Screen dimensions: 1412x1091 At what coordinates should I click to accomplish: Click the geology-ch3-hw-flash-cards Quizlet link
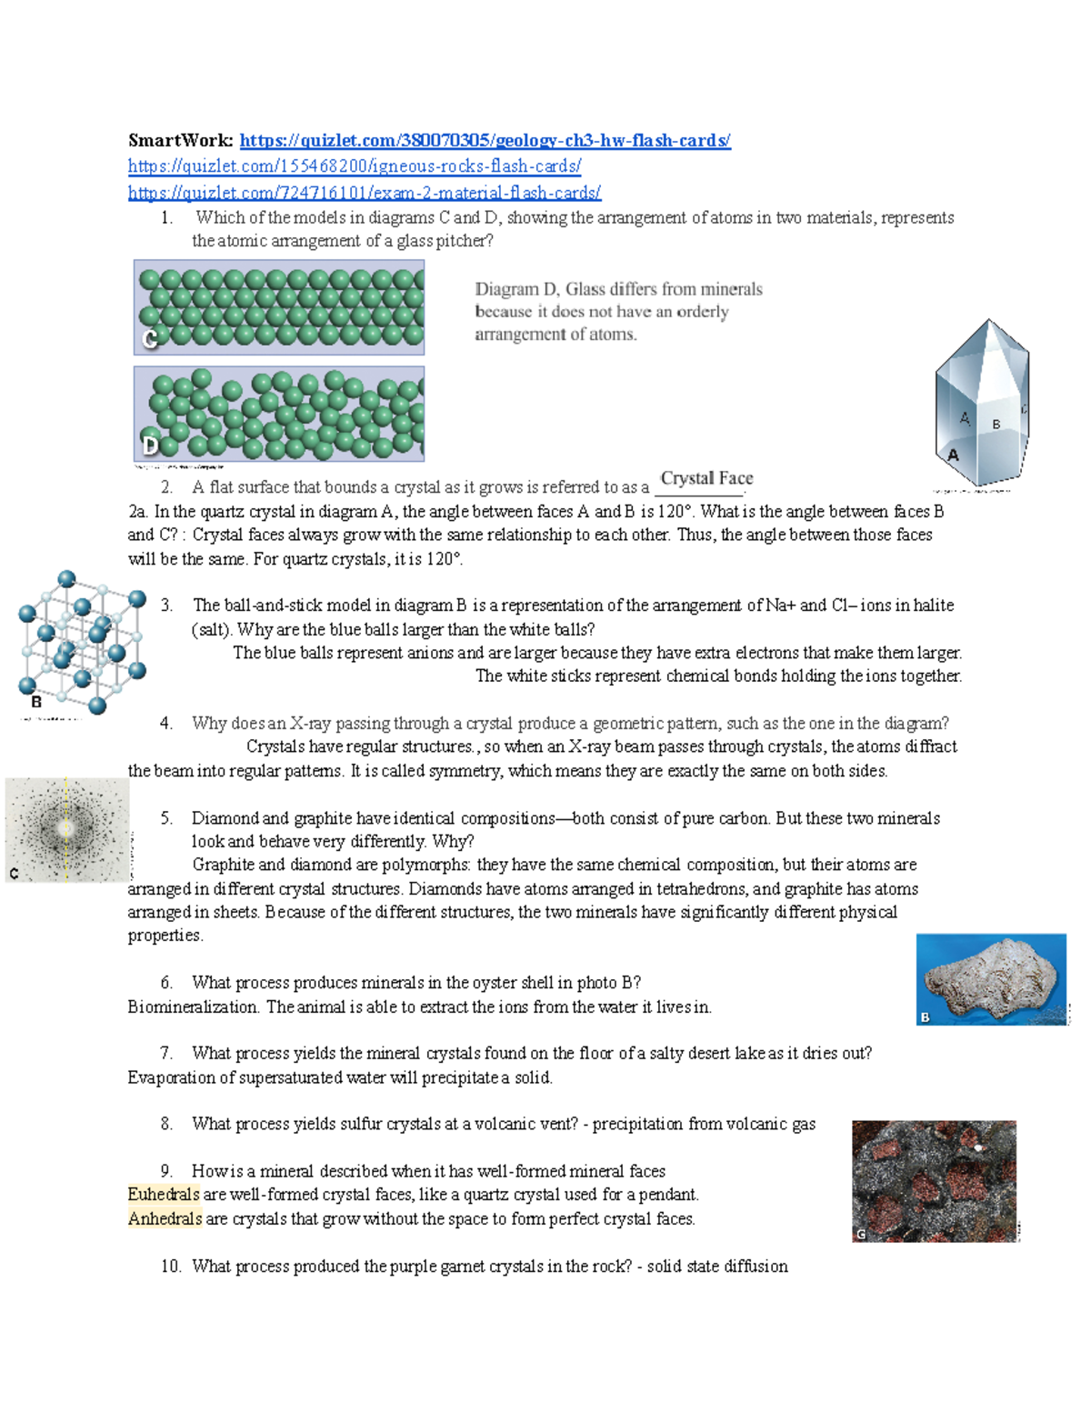click(485, 140)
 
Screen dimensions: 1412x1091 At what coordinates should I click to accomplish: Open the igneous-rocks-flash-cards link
click(355, 165)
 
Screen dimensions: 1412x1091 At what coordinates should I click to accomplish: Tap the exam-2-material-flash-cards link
click(365, 192)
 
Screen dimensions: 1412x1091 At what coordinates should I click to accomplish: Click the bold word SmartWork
click(180, 140)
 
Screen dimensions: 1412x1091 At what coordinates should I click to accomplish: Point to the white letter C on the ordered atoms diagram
click(151, 339)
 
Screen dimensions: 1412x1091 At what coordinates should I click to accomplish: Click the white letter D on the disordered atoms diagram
click(151, 446)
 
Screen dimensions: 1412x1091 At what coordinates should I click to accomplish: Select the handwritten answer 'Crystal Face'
click(706, 478)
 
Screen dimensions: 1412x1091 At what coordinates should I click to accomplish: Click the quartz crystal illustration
click(982, 403)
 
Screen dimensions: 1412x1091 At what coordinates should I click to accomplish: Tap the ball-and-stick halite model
click(81, 641)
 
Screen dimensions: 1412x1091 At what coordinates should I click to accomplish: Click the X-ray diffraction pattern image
click(66, 829)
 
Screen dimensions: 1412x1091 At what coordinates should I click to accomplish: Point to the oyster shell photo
click(991, 979)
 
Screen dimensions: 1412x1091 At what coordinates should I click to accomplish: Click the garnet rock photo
click(934, 1180)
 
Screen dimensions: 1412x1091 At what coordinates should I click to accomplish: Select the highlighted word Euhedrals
click(164, 1195)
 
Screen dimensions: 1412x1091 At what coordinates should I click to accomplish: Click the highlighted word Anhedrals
click(165, 1218)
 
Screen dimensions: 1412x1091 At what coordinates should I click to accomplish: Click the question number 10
click(171, 1266)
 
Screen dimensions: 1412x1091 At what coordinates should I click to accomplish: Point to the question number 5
click(166, 818)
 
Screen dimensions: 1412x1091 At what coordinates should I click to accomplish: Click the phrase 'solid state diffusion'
click(717, 1266)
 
